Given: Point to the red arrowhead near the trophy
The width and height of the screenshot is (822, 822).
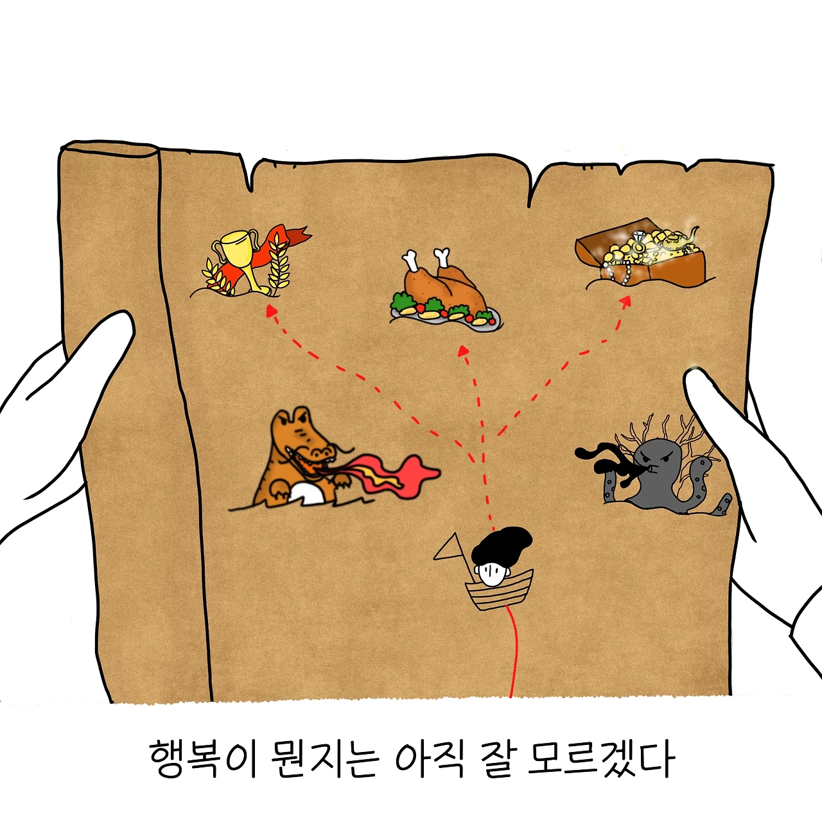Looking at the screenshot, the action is click(x=270, y=311).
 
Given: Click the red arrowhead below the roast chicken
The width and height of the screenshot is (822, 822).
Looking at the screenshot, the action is click(x=463, y=351).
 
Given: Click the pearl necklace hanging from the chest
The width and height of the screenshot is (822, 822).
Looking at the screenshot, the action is click(x=619, y=272).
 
